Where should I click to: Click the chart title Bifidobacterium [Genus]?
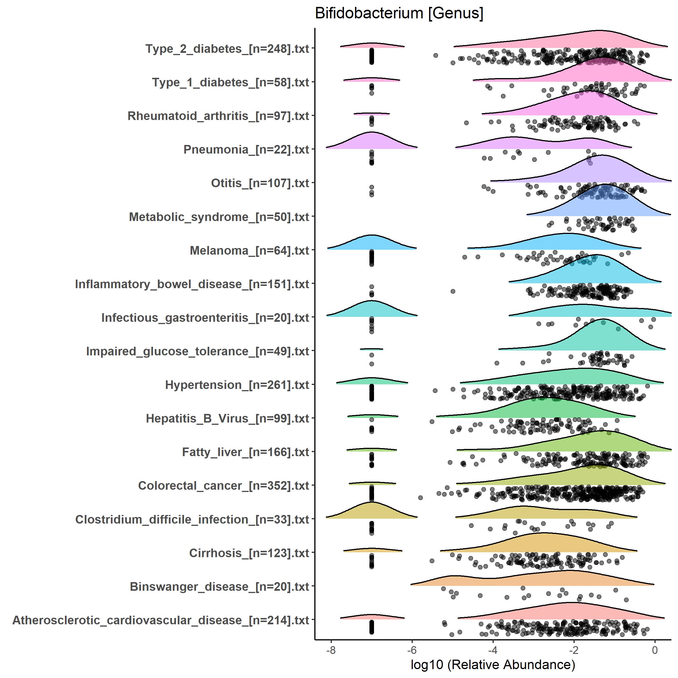pos(399,14)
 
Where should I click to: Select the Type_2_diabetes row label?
pos(227,49)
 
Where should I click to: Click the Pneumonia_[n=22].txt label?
pos(246,150)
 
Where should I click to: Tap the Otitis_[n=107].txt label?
pos(260,183)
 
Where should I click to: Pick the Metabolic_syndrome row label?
pos(219,217)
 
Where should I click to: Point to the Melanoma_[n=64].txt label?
pos(249,251)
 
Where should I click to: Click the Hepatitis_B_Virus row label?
pos(227,419)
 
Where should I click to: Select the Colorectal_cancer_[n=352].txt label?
pos(224,486)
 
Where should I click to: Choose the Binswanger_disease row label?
pos(219,587)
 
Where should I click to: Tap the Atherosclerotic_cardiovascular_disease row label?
pos(161,620)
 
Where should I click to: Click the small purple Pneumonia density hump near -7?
pos(371,142)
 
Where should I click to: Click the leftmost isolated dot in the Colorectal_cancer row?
pos(421,498)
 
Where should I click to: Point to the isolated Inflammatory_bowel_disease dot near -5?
pos(453,291)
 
